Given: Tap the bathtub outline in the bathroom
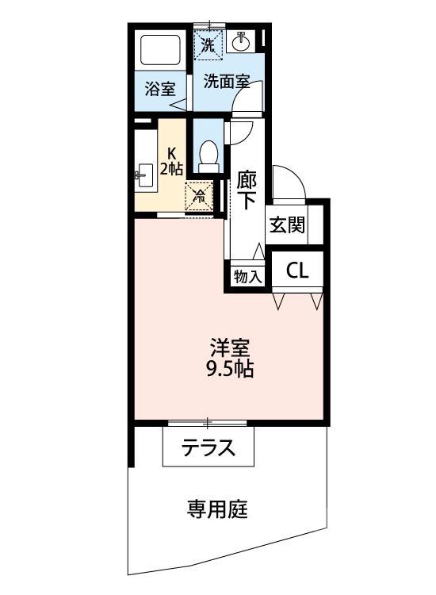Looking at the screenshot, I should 162,50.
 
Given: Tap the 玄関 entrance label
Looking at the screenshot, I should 285,225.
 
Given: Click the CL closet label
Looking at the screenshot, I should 297,271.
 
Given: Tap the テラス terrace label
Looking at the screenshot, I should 209,448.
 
